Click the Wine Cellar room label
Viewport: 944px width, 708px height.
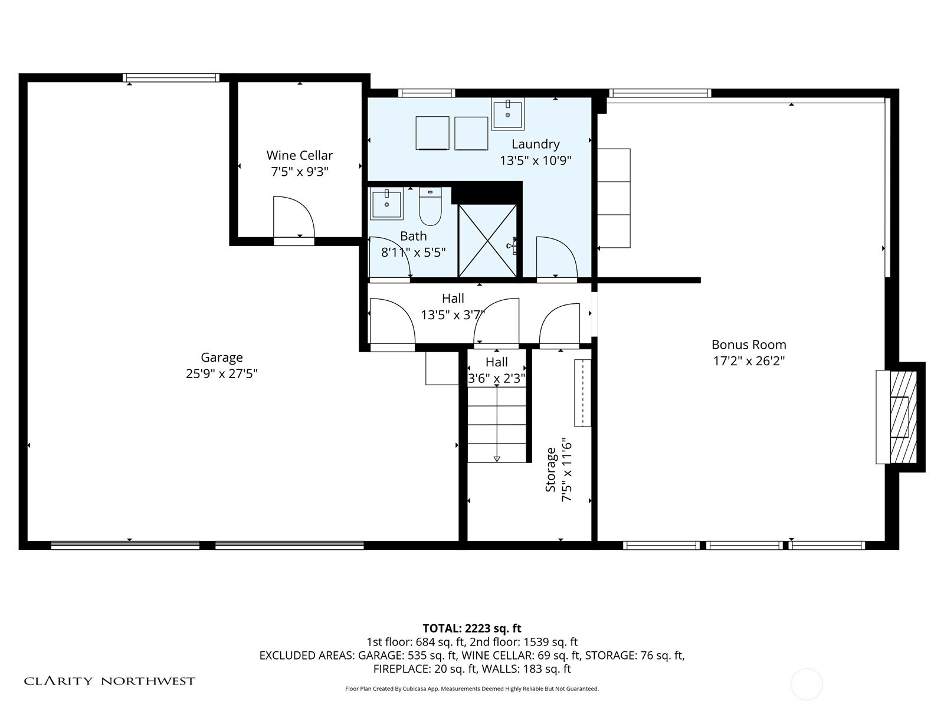coord(299,155)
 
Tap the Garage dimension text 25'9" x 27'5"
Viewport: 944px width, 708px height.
coord(221,373)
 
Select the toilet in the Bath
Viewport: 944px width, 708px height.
coord(430,206)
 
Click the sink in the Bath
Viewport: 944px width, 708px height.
coord(386,204)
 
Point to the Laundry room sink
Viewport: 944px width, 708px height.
coord(507,113)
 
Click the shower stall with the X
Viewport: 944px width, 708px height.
coord(488,241)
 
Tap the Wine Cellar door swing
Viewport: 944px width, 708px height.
coord(294,217)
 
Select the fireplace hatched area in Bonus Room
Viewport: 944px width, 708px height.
coord(903,417)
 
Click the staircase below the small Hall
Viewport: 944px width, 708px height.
coord(497,424)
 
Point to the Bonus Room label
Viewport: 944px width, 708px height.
coord(749,345)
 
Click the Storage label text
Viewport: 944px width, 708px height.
coord(550,470)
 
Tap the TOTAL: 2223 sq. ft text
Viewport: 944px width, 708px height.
coord(472,628)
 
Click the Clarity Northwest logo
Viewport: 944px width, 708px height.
coord(109,681)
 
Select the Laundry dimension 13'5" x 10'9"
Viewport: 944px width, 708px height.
coord(536,160)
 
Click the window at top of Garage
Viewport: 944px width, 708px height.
coord(171,78)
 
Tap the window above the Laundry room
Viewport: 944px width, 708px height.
coord(426,93)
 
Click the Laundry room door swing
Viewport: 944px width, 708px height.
coord(556,257)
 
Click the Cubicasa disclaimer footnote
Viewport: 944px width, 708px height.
coord(472,689)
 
